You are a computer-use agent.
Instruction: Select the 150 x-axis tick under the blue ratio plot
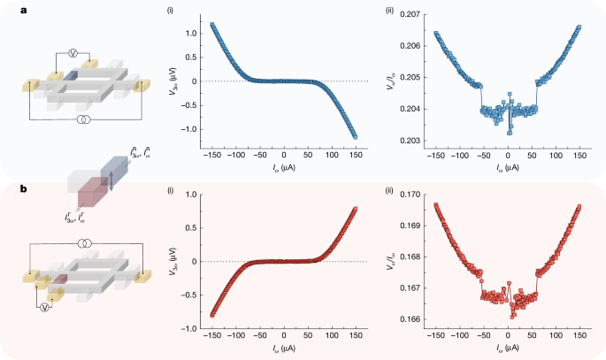(x=579, y=155)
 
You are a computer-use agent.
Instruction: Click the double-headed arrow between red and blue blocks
(x=110, y=182)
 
